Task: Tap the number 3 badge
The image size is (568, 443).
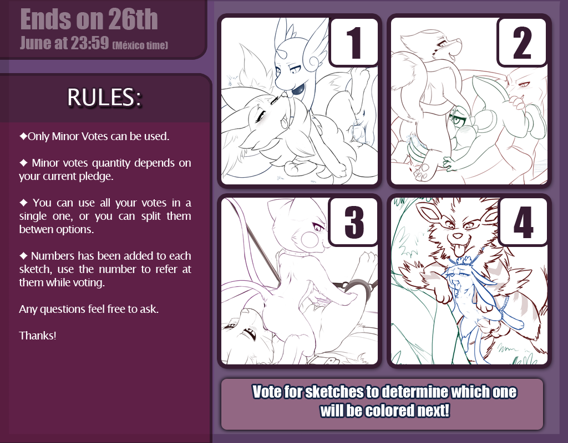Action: [x=354, y=221]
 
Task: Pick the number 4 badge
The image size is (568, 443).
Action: [x=523, y=221]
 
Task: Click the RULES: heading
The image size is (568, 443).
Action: [x=104, y=97]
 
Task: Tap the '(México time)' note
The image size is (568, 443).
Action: [x=140, y=45]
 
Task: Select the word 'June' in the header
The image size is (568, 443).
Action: [x=35, y=43]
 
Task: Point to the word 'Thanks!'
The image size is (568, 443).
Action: [x=38, y=336]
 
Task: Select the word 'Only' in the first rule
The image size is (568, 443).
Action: [x=39, y=136]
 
